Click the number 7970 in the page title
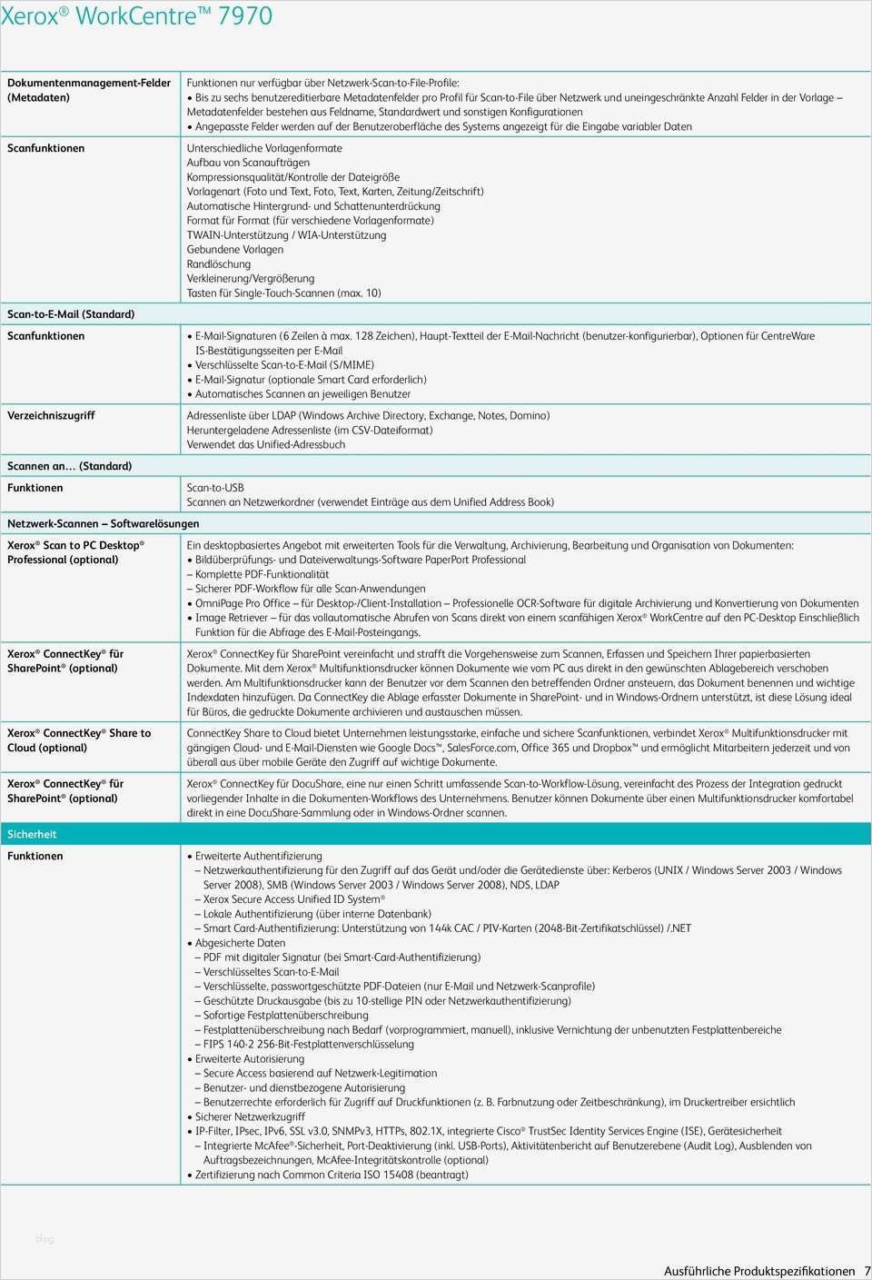pos(243,16)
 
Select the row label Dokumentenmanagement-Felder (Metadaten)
pos(88,90)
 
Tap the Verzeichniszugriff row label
pos(51,415)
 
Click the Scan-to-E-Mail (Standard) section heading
pos(71,314)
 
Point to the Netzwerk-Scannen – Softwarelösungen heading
pos(103,523)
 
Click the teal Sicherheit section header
pos(32,834)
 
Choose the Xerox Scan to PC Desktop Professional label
pos(75,552)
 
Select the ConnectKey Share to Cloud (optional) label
pos(79,740)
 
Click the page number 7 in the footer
pos(866,1271)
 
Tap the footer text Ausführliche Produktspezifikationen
pos(759,1271)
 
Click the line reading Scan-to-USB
pos(215,488)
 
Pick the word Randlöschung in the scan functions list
pos(218,264)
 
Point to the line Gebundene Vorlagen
pos(234,250)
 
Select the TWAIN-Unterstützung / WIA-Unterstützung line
pos(286,235)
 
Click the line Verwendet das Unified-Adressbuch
pos(265,444)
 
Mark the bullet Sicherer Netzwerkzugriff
pos(250,1116)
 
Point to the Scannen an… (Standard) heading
pos(69,466)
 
